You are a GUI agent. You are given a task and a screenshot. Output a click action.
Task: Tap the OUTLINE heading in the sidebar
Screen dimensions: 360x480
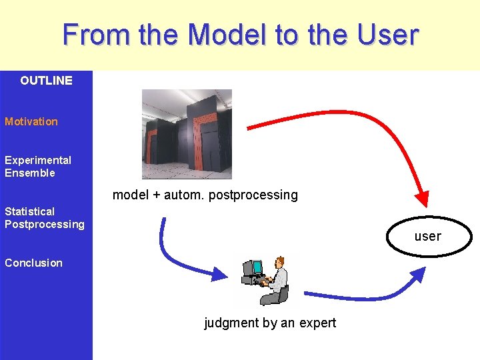[46, 81]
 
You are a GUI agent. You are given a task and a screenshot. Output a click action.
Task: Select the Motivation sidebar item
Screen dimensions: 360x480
[31, 121]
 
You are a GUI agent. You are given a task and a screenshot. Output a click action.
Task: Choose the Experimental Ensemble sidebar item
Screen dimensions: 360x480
[37, 167]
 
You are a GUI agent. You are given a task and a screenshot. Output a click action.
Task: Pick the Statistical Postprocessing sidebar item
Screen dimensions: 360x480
[45, 218]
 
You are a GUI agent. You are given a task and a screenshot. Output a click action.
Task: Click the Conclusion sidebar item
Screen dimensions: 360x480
[33, 263]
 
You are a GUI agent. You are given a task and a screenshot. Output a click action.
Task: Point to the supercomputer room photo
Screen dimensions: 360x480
[187, 134]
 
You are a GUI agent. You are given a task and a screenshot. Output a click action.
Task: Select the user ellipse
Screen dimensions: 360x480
[427, 236]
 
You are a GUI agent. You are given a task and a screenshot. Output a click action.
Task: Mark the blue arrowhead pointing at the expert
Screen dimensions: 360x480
[219, 273]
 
